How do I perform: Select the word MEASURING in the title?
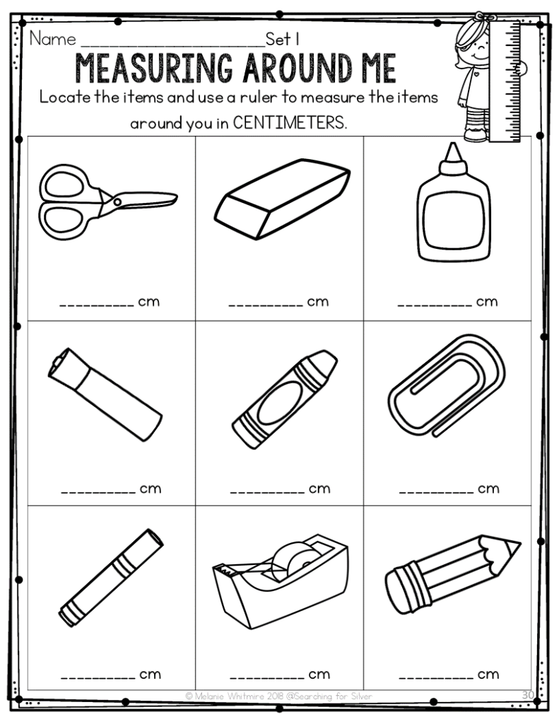coord(159,70)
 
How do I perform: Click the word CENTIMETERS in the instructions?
coord(290,122)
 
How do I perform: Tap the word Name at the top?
coord(52,38)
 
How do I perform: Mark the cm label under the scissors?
coord(148,302)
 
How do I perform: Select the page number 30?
coord(528,695)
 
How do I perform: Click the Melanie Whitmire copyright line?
coord(278,696)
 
